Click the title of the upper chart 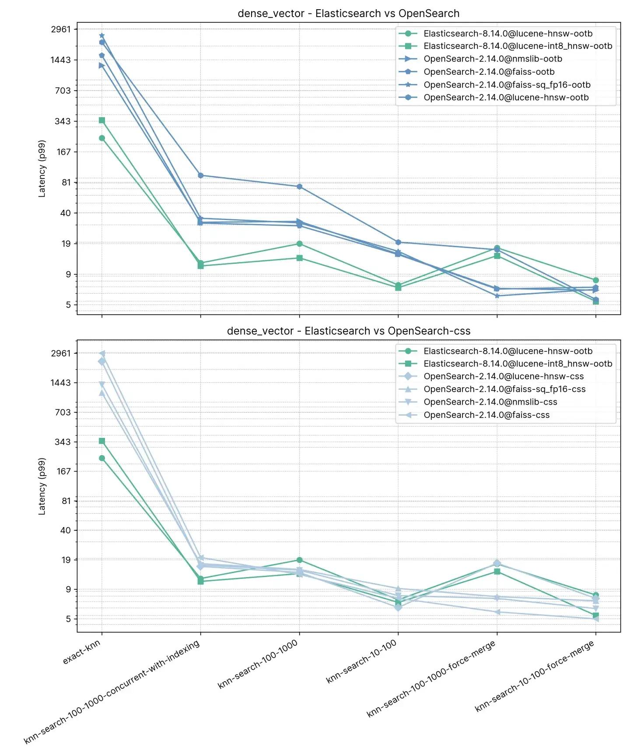[348, 14]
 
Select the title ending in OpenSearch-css [348, 331]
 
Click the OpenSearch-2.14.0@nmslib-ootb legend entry [493, 59]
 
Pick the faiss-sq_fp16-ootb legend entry [507, 85]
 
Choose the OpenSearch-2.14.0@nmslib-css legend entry [490, 402]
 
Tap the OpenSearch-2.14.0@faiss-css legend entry [486, 415]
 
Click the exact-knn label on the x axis [82, 651]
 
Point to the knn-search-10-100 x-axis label [362, 661]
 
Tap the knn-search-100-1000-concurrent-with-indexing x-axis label [112, 691]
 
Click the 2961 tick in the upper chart [60, 29]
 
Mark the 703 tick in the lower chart [63, 412]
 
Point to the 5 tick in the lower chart [68, 619]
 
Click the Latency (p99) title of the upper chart [42, 169]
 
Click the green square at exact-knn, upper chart [102, 120]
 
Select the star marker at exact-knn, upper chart [102, 35]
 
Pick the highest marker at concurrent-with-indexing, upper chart [200, 175]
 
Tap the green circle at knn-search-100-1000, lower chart [299, 560]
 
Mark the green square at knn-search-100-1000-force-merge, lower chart [497, 571]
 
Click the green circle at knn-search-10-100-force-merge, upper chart [595, 280]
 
